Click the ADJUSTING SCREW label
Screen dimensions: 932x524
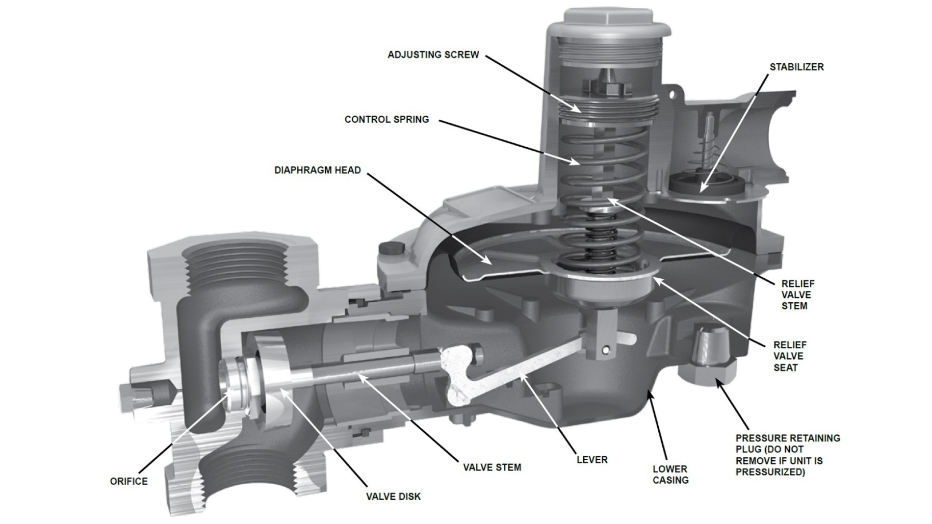pos(433,55)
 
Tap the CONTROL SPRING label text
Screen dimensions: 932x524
pos(387,119)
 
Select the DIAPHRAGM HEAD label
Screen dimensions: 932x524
pos(317,170)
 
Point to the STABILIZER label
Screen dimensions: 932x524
pos(797,67)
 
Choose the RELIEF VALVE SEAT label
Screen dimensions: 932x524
pos(790,356)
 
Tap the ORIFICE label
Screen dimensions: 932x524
pos(129,481)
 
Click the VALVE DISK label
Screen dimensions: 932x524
pos(393,497)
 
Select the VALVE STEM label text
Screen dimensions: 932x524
pos(492,468)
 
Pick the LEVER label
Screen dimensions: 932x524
pos(592,460)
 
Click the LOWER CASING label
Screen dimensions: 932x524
pos(671,474)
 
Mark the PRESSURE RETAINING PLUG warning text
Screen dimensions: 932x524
pos(788,455)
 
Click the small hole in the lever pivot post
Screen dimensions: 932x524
pos(606,349)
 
